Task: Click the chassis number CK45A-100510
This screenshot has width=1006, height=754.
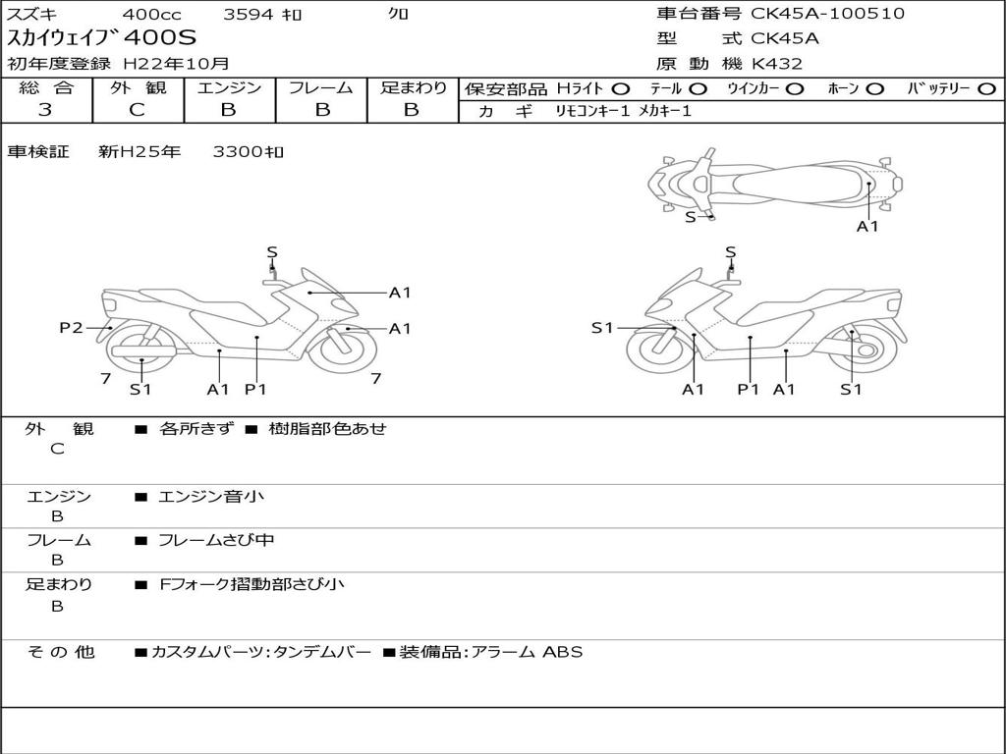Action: coord(827,14)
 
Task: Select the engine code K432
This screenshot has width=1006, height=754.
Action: coord(777,64)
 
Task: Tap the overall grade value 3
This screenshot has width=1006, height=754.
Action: coord(45,110)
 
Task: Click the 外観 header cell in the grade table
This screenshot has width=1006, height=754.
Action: coord(138,87)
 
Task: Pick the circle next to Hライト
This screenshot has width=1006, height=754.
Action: coord(620,89)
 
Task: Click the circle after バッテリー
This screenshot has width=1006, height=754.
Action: coord(986,89)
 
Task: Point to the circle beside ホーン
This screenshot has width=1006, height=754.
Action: coord(874,89)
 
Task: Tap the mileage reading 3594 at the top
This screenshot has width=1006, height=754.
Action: coord(250,15)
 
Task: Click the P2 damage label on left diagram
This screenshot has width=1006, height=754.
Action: coord(71,328)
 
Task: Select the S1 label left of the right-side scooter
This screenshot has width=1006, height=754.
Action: coord(602,328)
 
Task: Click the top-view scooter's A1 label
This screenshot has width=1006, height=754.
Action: coord(867,227)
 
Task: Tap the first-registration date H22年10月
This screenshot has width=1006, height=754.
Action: coord(176,64)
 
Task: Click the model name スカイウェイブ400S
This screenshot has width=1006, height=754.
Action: coord(102,38)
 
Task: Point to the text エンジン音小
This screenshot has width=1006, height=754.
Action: coord(211,497)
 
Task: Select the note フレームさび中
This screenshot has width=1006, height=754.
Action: coord(216,540)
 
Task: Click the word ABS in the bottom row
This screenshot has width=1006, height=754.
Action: coord(563,652)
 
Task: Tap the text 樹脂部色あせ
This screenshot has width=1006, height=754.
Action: coord(328,429)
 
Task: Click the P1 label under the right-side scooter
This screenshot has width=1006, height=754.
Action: coord(749,390)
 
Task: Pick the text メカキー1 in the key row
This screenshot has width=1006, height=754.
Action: coord(665,112)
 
